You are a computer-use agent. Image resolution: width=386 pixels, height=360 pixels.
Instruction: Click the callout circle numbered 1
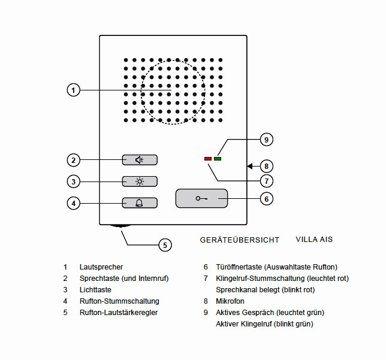73,90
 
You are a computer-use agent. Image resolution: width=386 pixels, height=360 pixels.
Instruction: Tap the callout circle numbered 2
73,160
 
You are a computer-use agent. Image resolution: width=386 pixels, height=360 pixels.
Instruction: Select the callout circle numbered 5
165,244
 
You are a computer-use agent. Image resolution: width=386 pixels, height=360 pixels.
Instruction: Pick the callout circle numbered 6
267,198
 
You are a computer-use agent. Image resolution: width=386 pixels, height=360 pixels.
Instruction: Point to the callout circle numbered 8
267,166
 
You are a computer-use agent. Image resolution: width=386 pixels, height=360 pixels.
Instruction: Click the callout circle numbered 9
267,140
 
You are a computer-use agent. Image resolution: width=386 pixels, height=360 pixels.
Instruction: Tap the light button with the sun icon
140,181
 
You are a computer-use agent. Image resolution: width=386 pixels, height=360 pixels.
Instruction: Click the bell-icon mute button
140,202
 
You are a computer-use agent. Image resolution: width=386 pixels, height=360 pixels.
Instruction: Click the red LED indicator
208,159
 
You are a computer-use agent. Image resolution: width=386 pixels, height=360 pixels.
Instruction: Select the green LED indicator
217,159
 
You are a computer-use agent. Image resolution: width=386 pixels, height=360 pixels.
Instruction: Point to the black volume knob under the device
120,227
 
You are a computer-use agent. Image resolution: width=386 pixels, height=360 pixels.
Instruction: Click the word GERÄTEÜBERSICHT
240,240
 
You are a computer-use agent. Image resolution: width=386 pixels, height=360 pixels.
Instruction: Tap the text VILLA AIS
314,240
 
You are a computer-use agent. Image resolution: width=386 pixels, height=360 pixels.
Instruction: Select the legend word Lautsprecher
101,267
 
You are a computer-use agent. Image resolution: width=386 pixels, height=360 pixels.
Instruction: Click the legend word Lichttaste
95,290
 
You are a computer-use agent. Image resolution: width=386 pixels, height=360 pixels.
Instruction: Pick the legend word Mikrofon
230,301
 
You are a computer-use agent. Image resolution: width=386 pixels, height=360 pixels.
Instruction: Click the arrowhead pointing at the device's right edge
249,166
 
